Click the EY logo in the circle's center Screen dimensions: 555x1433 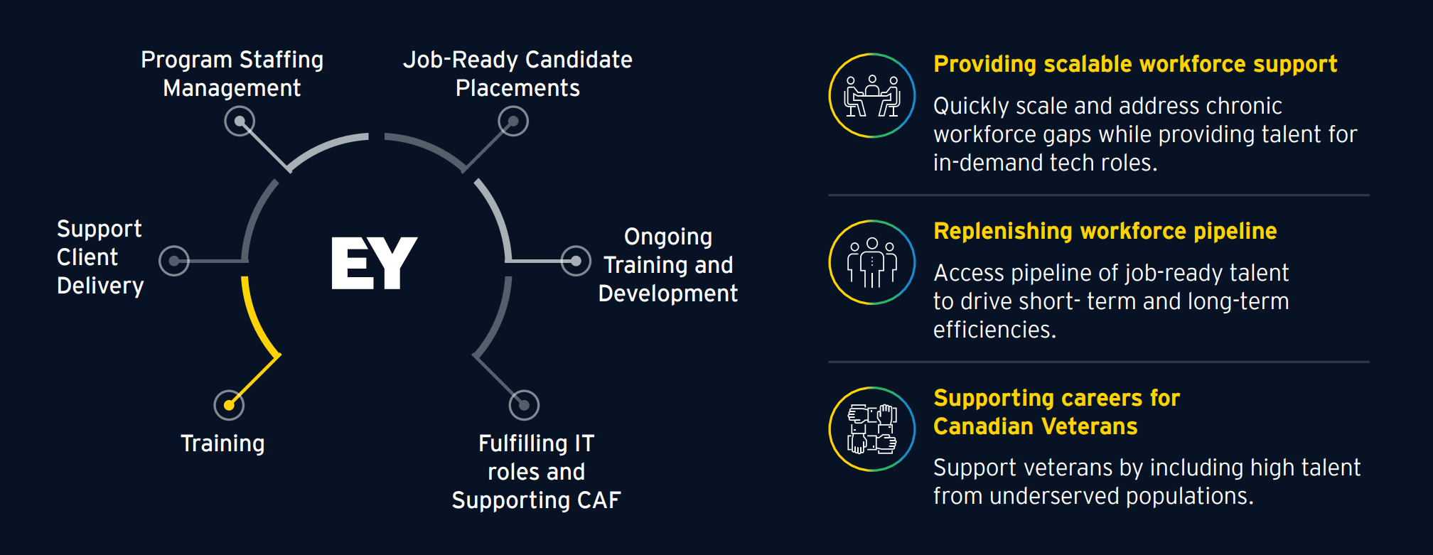click(374, 263)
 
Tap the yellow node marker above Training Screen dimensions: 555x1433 click(229, 405)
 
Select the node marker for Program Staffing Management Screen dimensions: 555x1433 click(240, 122)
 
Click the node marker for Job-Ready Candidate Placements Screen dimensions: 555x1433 click(513, 122)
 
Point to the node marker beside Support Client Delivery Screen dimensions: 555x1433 click(174, 261)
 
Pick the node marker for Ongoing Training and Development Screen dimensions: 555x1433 click(576, 261)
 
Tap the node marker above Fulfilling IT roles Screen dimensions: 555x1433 click(524, 405)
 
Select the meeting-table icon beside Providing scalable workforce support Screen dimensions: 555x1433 click(872, 96)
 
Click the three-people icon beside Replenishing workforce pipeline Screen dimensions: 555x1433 click(872, 262)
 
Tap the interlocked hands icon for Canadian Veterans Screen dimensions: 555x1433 click(872, 429)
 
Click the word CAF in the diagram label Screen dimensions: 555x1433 click(599, 500)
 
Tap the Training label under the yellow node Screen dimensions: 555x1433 click(222, 443)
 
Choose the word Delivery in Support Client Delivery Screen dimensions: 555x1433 click(100, 286)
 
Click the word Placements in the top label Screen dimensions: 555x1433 click(517, 88)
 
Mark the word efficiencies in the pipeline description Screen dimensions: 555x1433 click(994, 330)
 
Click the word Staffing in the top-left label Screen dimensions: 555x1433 click(281, 60)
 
